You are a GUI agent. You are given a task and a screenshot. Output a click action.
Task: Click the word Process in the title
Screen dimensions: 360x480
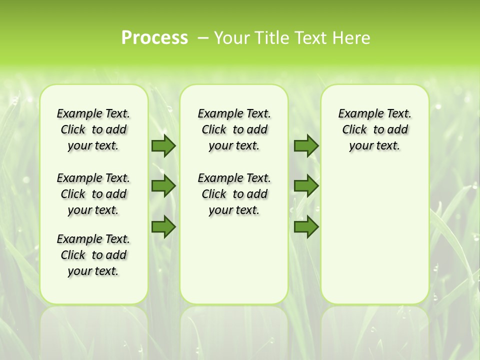154,38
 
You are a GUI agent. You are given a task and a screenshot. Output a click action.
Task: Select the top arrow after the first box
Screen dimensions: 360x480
163,145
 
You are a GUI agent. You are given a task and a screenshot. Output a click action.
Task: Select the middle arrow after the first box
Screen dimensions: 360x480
163,186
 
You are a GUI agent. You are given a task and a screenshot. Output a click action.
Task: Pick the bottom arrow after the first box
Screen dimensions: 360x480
163,226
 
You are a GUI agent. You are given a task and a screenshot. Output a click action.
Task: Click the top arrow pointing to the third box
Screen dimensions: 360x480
306,145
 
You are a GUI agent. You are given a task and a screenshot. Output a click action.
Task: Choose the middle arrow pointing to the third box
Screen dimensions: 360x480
306,186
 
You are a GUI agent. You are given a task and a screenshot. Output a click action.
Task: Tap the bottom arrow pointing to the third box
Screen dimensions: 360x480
306,226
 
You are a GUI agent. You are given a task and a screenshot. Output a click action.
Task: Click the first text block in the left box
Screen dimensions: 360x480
93,129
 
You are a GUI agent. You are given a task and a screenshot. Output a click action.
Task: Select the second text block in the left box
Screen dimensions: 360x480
93,194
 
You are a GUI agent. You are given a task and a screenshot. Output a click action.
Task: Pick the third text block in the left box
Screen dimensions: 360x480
93,255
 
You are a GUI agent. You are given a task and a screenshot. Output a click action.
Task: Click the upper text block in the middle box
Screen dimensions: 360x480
234,129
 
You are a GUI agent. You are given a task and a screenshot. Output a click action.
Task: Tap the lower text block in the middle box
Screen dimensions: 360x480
234,194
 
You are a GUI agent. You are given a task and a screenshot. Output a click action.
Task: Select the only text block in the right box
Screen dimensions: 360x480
374,129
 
